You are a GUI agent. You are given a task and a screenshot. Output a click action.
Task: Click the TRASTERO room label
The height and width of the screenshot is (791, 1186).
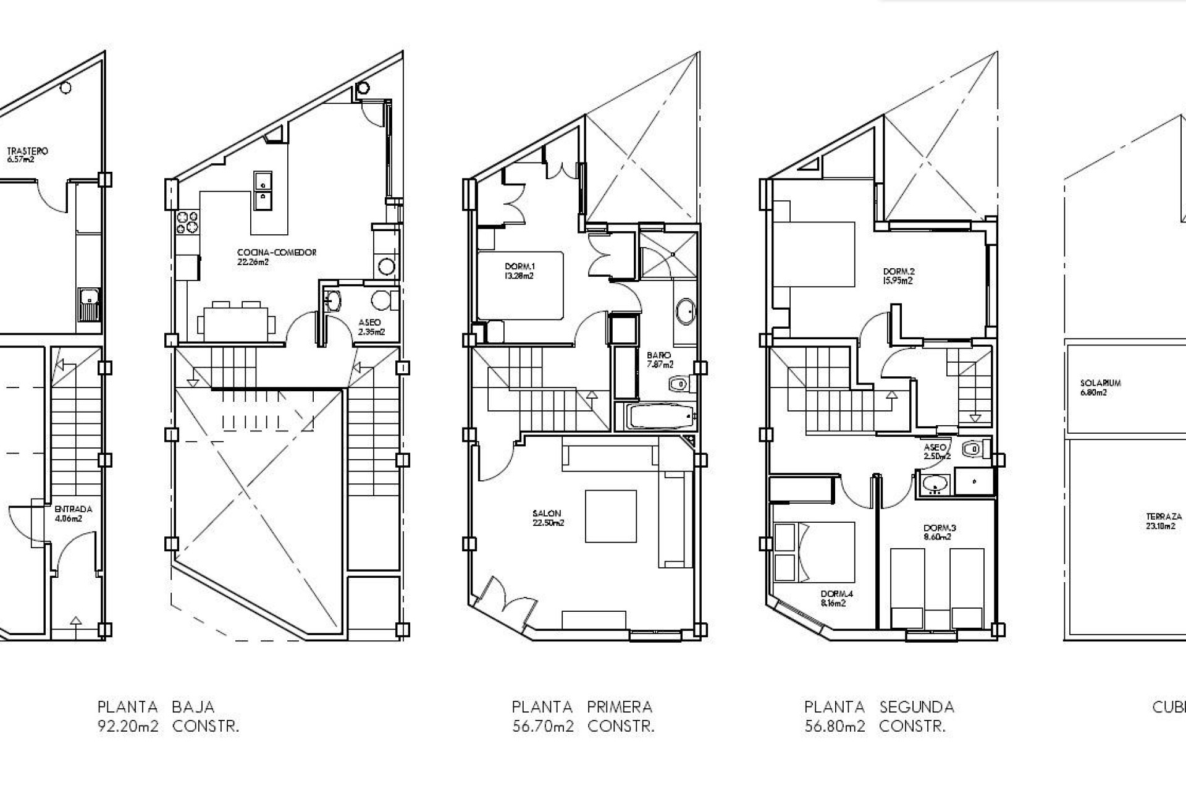(27, 154)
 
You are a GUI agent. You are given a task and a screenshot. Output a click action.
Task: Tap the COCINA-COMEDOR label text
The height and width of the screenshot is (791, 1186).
(276, 256)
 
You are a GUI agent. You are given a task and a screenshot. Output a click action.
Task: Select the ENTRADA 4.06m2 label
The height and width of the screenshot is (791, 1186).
(72, 514)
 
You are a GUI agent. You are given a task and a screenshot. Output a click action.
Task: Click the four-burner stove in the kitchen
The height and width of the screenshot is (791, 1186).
(187, 222)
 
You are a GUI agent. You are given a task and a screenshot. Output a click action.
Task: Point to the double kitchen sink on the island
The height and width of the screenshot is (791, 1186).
(263, 190)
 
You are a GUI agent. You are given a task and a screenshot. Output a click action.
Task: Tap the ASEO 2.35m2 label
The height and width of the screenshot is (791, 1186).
(371, 326)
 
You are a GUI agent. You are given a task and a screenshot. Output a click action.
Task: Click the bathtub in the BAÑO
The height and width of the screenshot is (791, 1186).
(659, 417)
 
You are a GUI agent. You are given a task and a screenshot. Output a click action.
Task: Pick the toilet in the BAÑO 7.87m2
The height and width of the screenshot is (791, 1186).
(678, 384)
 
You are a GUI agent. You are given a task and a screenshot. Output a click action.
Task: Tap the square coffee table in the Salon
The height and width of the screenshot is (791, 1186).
(610, 516)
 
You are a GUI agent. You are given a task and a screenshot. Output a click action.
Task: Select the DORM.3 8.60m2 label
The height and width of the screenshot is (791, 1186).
(940, 532)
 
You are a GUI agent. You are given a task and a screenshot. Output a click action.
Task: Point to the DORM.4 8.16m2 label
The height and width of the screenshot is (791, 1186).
(832, 598)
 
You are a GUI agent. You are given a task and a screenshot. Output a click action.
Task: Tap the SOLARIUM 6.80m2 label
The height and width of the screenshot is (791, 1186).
(1100, 387)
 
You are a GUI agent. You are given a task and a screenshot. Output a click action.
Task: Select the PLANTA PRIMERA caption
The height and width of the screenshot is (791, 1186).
(582, 706)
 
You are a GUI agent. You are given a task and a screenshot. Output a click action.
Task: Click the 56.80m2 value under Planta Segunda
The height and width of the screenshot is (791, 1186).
(835, 727)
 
